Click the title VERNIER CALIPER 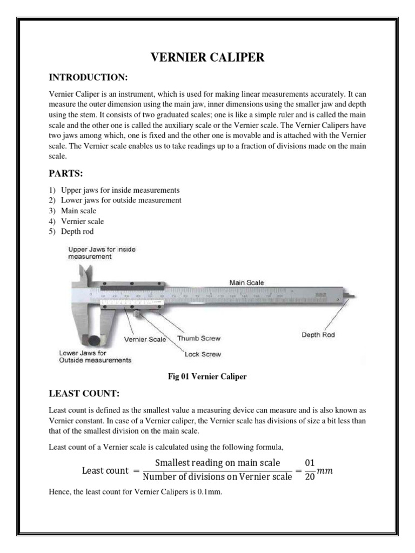[207, 58]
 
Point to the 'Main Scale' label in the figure [246, 282]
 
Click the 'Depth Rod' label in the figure [318, 335]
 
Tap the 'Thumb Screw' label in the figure [199, 338]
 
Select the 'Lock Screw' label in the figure [203, 354]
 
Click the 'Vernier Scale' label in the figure [145, 340]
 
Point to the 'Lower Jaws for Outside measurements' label [95, 356]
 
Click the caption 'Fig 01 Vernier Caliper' [207, 377]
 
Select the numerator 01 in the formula [310, 463]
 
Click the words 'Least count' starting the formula [105, 470]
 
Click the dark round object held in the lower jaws [95, 340]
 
